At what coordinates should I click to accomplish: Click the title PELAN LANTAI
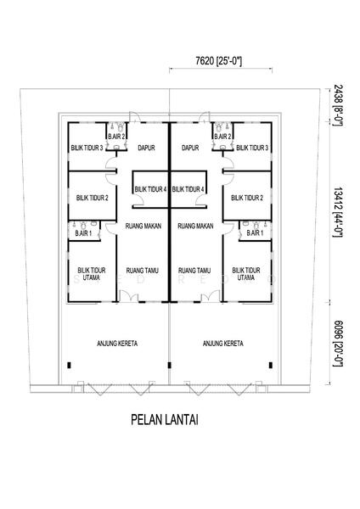click(x=165, y=419)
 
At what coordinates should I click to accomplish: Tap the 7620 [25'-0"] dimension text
click(x=219, y=61)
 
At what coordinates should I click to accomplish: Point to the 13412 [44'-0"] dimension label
click(x=338, y=212)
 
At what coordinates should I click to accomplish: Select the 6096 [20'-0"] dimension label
click(x=338, y=344)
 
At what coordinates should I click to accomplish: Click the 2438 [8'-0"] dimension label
click(x=338, y=105)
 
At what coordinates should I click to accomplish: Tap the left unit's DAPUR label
click(x=146, y=148)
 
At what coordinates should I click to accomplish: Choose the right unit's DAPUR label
click(x=190, y=148)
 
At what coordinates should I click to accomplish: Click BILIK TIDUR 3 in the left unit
click(x=87, y=148)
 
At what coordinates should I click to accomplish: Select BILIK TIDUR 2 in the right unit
click(x=247, y=198)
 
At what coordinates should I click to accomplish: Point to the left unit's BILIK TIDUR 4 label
click(x=150, y=189)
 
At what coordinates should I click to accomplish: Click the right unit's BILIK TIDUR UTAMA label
click(x=246, y=274)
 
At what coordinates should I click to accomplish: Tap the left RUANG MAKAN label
click(x=143, y=226)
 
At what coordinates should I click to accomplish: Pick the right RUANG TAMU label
click(x=194, y=270)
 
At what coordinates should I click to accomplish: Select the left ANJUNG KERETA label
click(x=117, y=343)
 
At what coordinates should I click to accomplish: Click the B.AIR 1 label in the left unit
click(x=83, y=233)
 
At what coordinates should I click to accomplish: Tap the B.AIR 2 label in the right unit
click(x=222, y=137)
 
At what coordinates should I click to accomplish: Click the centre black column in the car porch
click(x=169, y=365)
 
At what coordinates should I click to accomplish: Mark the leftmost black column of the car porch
click(x=69, y=365)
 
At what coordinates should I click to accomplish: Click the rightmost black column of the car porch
click(x=270, y=365)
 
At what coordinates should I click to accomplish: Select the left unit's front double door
click(x=129, y=296)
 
